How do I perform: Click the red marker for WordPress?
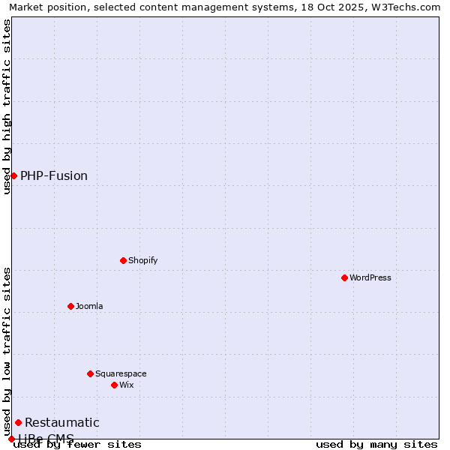pyautogui.click(x=344, y=277)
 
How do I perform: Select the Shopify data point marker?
pyautogui.click(x=123, y=260)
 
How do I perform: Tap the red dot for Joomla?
pyautogui.click(x=70, y=306)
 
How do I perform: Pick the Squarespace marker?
pyautogui.click(x=90, y=373)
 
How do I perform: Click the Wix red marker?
pyautogui.click(x=114, y=385)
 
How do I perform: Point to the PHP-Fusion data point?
pyautogui.click(x=13, y=175)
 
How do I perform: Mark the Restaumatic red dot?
pyautogui.click(x=18, y=422)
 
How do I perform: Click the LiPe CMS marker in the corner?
pyautogui.click(x=11, y=439)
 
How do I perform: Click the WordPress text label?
pyautogui.click(x=370, y=277)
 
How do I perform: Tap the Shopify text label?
pyautogui.click(x=142, y=260)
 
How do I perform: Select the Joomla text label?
pyautogui.click(x=89, y=306)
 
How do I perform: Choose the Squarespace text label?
pyautogui.click(x=121, y=373)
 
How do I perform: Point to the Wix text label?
pyautogui.click(x=126, y=385)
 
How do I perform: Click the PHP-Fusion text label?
pyautogui.click(x=54, y=175)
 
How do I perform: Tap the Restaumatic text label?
pyautogui.click(x=62, y=422)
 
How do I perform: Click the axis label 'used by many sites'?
pyautogui.click(x=376, y=444)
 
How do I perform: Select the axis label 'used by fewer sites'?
pyautogui.click(x=78, y=445)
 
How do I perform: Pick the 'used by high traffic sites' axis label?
pyautogui.click(x=7, y=106)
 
